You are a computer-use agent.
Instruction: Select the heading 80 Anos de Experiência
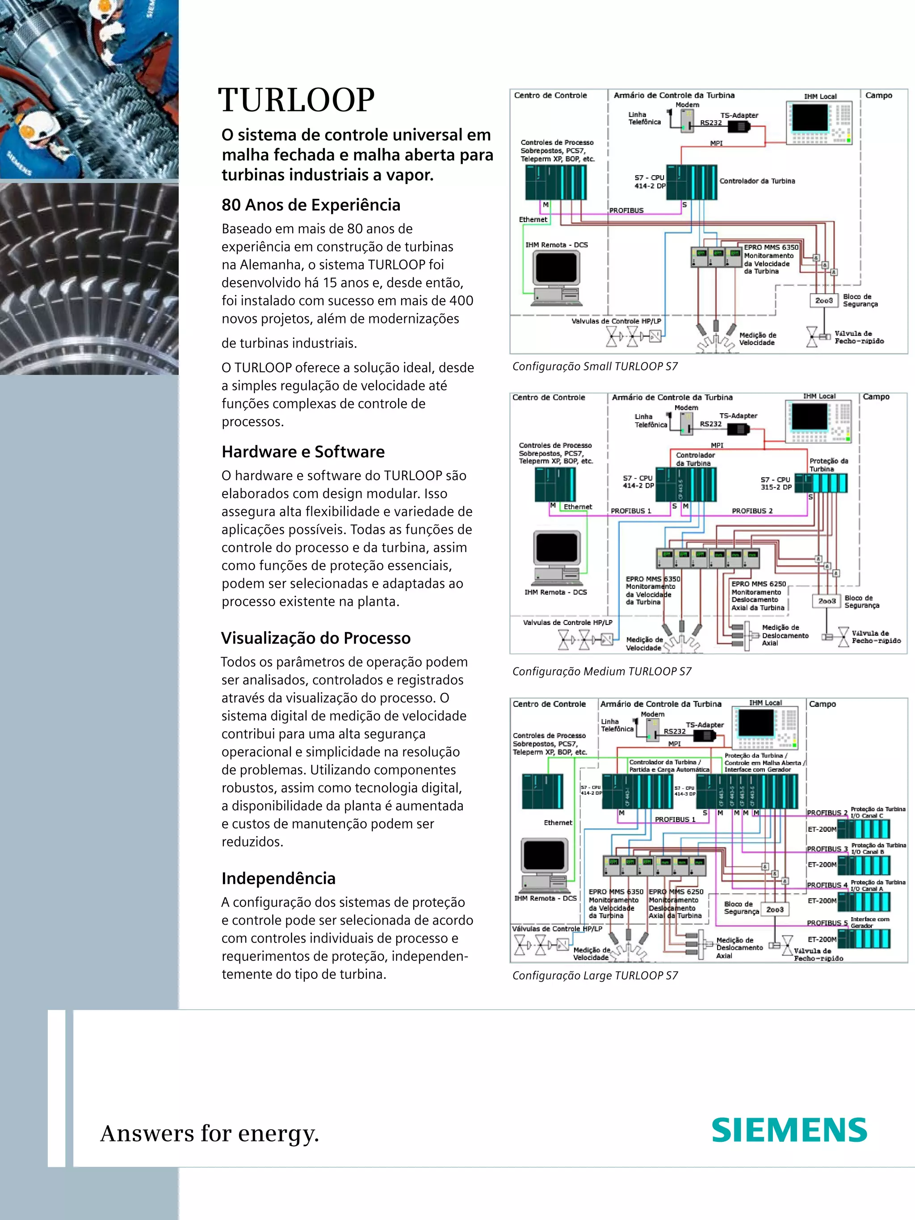click(x=311, y=205)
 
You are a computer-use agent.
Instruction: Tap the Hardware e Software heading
click(x=303, y=452)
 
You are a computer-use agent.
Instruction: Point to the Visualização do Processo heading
click(x=315, y=638)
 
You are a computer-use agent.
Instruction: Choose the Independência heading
click(x=278, y=878)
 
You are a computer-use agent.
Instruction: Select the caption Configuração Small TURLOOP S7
click(x=595, y=366)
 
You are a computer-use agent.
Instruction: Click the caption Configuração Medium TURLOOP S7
click(x=601, y=671)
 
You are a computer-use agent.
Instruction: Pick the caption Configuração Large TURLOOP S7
click(x=595, y=975)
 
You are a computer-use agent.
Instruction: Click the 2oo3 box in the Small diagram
click(x=824, y=300)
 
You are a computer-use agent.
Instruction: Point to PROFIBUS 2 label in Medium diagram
click(x=752, y=511)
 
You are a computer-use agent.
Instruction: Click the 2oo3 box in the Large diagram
click(x=774, y=910)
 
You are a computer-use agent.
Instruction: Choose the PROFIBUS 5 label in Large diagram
click(x=827, y=923)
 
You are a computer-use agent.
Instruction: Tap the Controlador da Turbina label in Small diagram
click(x=757, y=181)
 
